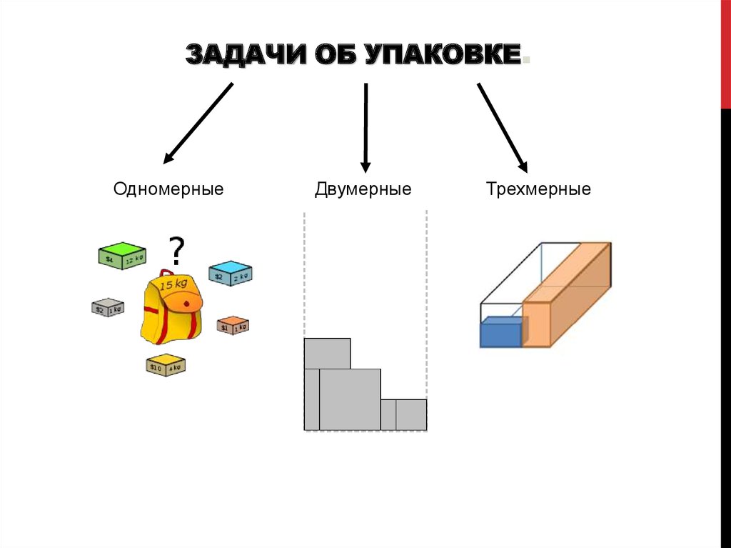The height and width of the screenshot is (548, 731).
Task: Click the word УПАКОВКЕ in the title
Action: [443, 55]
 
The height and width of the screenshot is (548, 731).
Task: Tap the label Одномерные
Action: [168, 189]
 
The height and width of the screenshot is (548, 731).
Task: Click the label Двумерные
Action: [363, 189]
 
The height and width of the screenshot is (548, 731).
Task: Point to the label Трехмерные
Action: [538, 189]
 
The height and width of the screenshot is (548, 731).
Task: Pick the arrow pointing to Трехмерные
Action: [502, 127]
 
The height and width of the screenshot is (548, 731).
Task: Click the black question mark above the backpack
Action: [176, 251]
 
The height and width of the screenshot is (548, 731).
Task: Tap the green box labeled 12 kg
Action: [122, 256]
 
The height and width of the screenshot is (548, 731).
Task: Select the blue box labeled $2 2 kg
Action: [230, 274]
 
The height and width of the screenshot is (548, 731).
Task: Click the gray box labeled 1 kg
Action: [108, 307]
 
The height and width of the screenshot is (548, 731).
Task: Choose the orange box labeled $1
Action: [232, 325]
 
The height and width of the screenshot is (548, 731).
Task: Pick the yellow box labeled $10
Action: [165, 364]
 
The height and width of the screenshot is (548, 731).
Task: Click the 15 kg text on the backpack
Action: [175, 284]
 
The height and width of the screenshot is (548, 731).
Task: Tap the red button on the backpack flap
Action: [187, 303]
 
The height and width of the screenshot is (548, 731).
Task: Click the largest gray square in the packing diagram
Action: [350, 399]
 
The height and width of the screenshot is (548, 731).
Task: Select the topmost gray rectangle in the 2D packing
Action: [327, 353]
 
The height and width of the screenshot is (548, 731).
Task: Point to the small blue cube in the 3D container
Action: [500, 332]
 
